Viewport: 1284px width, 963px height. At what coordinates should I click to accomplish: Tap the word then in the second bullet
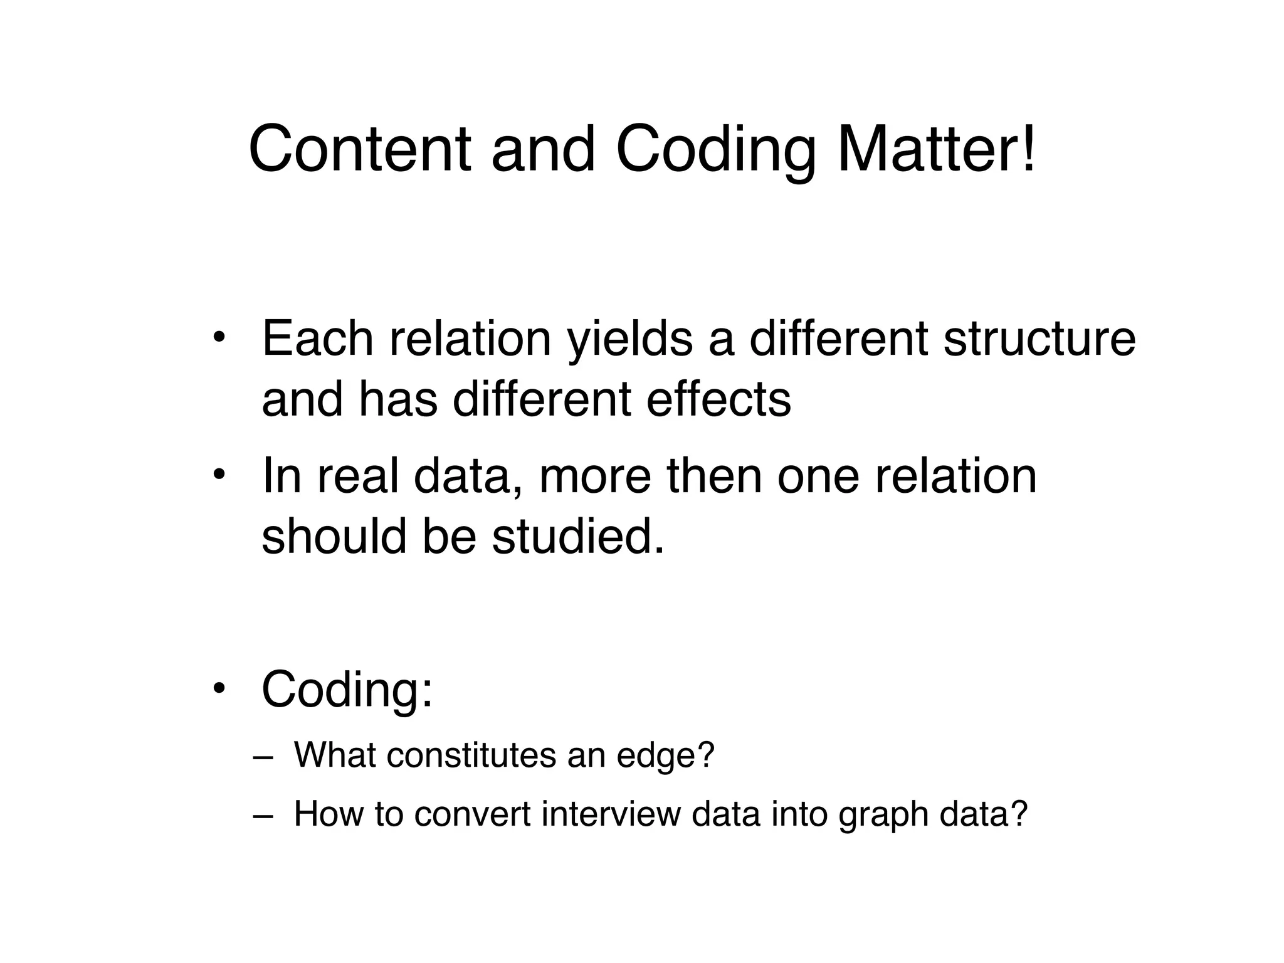click(x=714, y=476)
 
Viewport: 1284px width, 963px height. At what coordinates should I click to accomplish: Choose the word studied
click(x=577, y=537)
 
